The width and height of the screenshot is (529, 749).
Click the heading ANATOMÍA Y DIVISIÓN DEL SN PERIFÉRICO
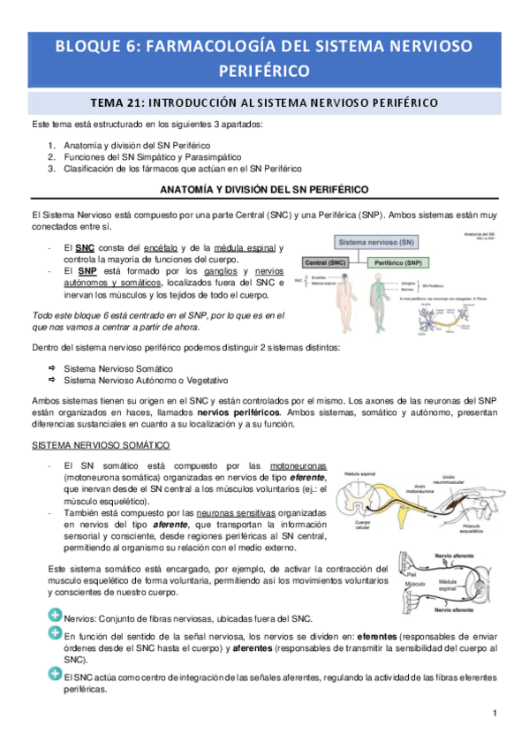264,190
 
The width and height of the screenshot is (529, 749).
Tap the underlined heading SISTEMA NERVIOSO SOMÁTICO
101,444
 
